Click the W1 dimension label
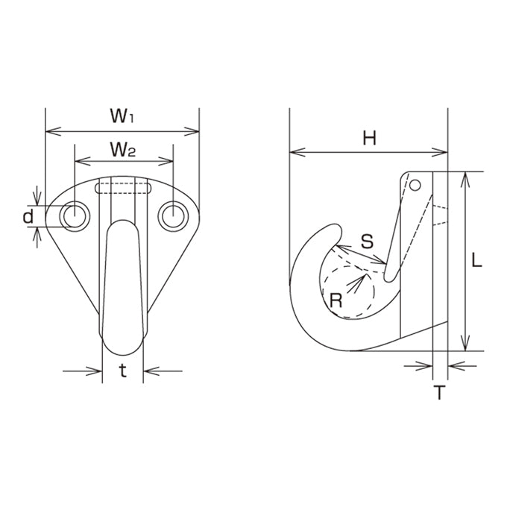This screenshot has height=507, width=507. tap(122, 116)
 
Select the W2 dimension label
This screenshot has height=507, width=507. tap(123, 150)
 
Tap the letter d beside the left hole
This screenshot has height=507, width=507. tap(28, 216)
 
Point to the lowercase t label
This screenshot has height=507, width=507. tap(123, 371)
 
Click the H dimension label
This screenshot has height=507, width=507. tap(369, 139)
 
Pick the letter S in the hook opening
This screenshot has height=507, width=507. tap(368, 241)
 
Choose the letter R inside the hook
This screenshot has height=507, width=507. tap(336, 300)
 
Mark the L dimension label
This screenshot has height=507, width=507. tap(476, 260)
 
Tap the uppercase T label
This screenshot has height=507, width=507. tap(440, 392)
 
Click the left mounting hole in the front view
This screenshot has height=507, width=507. tap(75, 216)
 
